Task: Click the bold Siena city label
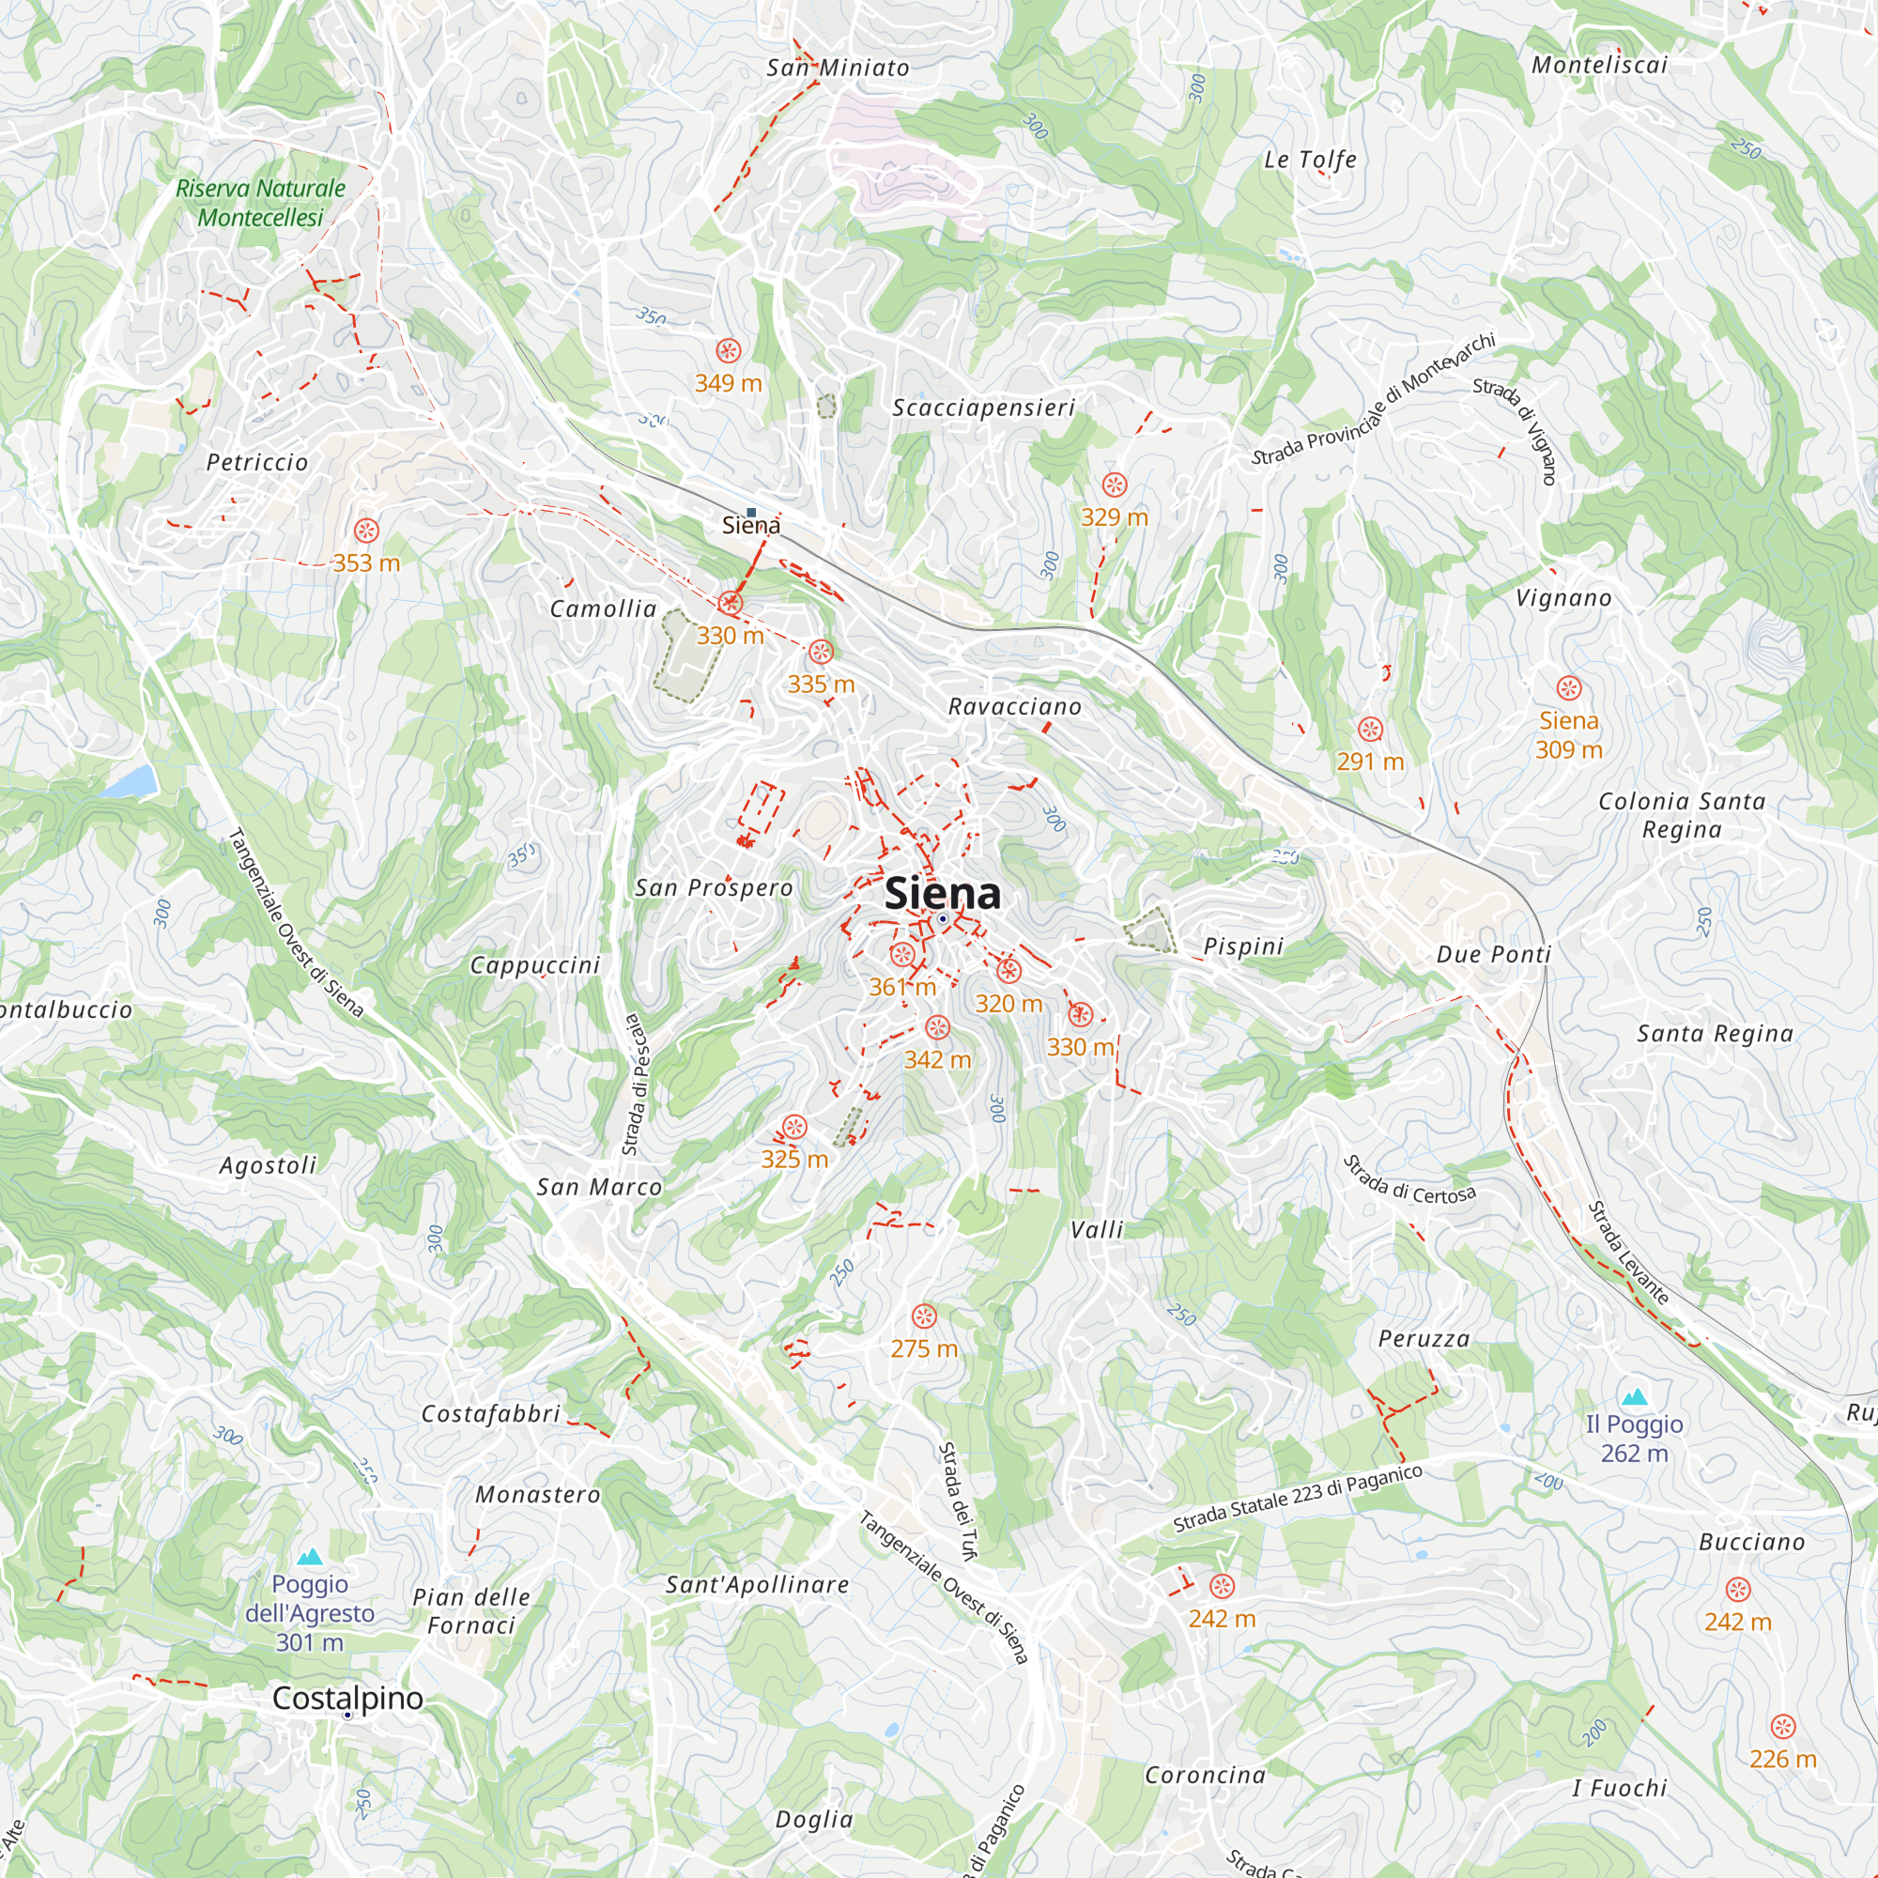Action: pyautogui.click(x=942, y=893)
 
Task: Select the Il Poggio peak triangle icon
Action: pyautogui.click(x=1634, y=1397)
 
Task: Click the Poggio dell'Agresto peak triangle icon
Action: pyautogui.click(x=309, y=1557)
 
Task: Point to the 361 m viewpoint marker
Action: pyautogui.click(x=902, y=955)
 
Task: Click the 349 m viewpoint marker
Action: pyautogui.click(x=728, y=351)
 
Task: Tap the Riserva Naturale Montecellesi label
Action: pyautogui.click(x=260, y=202)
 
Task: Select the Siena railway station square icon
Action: pyautogui.click(x=750, y=513)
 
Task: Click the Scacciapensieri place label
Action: pyautogui.click(x=984, y=408)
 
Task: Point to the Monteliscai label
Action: pyautogui.click(x=1599, y=65)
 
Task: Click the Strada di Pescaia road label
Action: pyautogui.click(x=633, y=1084)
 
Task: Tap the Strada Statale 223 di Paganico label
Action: pyautogui.click(x=1298, y=1498)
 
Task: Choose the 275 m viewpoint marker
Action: pyautogui.click(x=923, y=1317)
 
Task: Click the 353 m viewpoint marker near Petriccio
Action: pyautogui.click(x=365, y=531)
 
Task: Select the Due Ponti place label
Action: pyautogui.click(x=1494, y=955)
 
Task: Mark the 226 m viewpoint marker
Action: pyautogui.click(x=1782, y=1727)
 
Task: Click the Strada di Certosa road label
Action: pyautogui.click(x=1409, y=1180)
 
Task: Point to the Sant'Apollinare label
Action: pyautogui.click(x=757, y=1584)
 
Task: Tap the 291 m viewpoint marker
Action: pyautogui.click(x=1370, y=729)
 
